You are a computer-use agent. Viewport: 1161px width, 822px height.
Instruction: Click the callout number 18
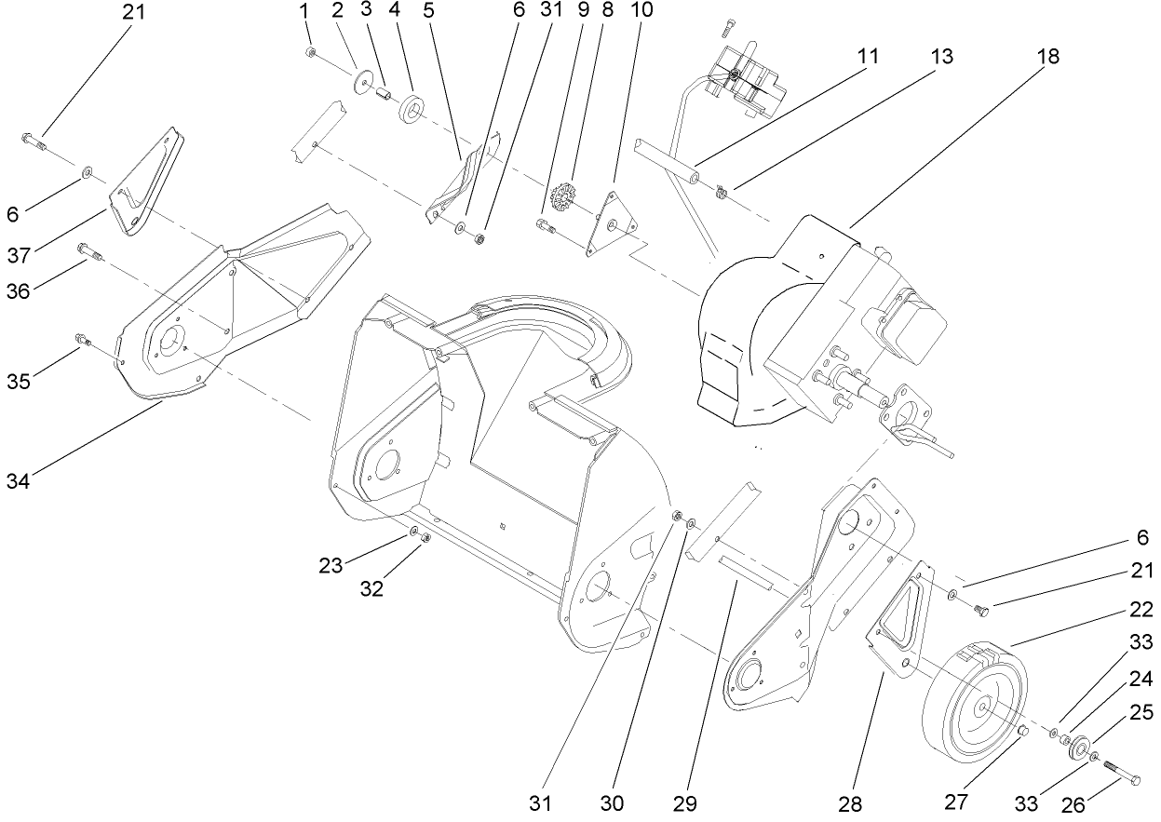1049,57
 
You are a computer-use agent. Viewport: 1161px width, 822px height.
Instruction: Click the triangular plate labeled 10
611,222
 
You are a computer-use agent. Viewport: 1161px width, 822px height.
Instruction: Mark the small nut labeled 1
310,52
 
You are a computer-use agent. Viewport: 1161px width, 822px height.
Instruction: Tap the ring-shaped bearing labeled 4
411,109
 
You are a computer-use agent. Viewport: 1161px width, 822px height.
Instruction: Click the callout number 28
850,802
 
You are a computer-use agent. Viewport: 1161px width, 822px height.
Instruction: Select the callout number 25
1141,712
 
